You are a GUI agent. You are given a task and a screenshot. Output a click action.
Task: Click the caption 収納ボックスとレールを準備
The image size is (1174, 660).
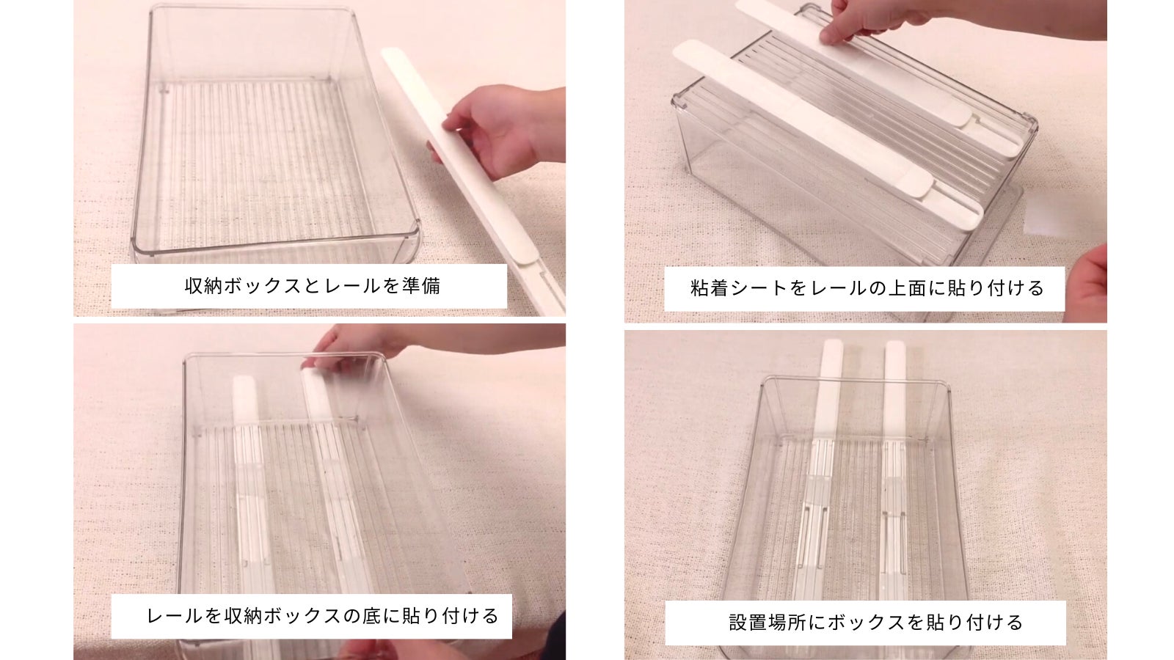click(x=313, y=286)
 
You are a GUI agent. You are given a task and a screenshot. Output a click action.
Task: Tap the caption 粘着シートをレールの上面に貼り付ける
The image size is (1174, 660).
click(x=867, y=289)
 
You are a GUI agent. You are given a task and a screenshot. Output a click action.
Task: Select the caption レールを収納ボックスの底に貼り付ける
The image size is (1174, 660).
click(x=322, y=616)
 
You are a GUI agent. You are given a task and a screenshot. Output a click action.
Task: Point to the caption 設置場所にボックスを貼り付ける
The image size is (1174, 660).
click(x=876, y=623)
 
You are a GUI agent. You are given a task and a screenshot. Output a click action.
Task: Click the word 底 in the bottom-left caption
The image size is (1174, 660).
click(x=371, y=616)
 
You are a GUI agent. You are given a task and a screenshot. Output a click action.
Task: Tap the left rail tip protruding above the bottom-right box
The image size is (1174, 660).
click(x=831, y=362)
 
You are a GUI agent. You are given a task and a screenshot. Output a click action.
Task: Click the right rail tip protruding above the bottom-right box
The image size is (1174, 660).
click(x=895, y=362)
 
